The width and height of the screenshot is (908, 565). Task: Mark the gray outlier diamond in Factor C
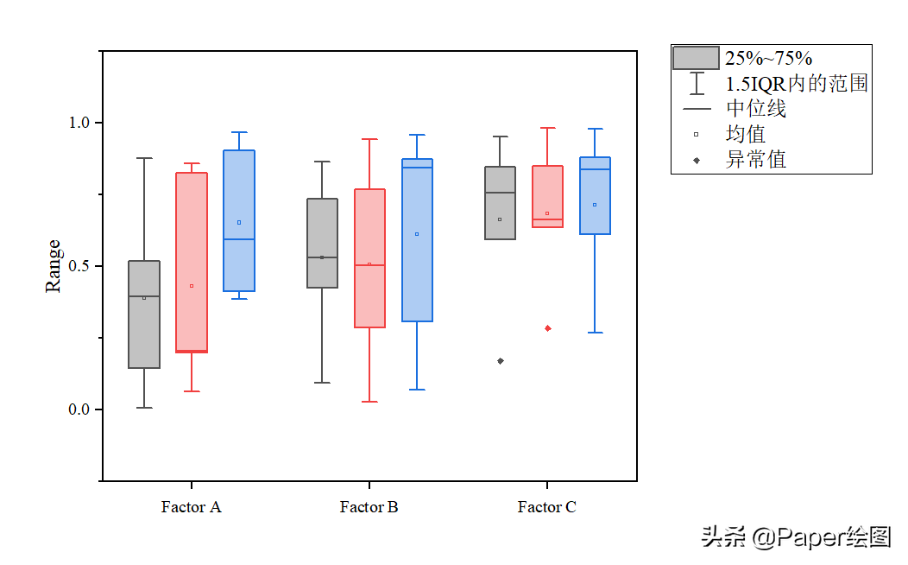click(x=501, y=361)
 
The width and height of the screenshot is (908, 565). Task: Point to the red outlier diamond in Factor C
click(x=548, y=328)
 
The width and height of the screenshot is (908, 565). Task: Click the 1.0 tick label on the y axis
click(x=80, y=123)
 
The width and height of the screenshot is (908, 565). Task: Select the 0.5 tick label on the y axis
click(x=80, y=266)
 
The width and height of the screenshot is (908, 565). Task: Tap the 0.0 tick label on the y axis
click(x=80, y=409)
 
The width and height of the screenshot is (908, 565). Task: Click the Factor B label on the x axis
click(x=369, y=507)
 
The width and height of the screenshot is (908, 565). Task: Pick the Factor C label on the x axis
click(x=547, y=507)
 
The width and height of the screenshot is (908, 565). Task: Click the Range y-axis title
click(x=54, y=266)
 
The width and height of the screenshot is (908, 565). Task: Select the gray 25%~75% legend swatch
click(x=696, y=58)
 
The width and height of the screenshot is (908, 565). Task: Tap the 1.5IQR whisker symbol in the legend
click(x=697, y=84)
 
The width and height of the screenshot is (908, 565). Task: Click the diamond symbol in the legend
click(x=697, y=160)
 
